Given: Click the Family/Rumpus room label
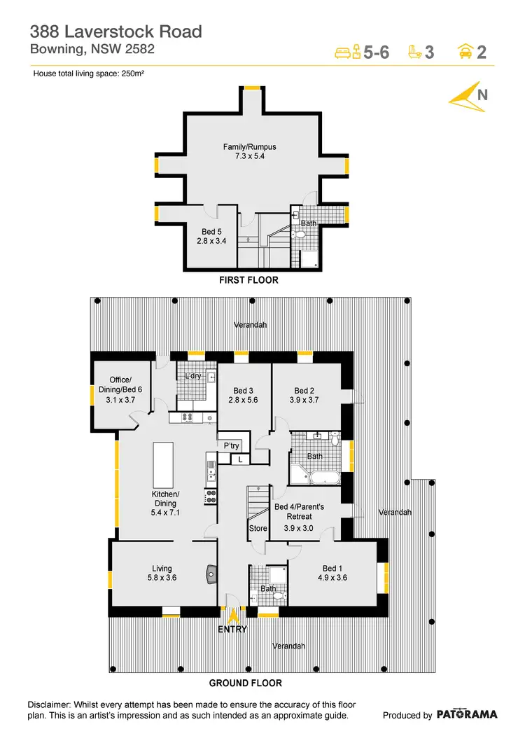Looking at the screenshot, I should (x=250, y=147).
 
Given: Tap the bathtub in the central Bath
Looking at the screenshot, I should (x=324, y=480).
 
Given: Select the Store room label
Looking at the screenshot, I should (x=258, y=528).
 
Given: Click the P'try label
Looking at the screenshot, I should (x=232, y=445).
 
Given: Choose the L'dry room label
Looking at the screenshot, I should (x=193, y=376).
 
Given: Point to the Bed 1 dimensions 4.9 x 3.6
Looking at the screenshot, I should (x=332, y=578).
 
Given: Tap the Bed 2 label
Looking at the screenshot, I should (x=304, y=391).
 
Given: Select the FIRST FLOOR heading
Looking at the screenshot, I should (x=249, y=280).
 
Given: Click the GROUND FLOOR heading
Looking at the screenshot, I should (x=246, y=683).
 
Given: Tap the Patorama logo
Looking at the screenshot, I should (x=467, y=714).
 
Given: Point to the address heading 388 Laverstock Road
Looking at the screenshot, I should (x=115, y=32).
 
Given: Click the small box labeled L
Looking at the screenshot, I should (x=240, y=459).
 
